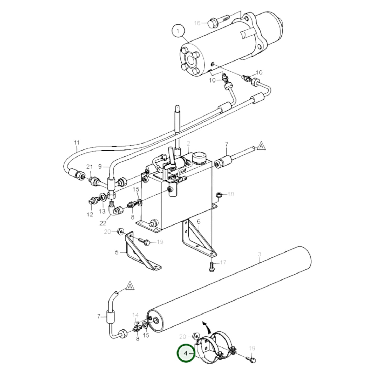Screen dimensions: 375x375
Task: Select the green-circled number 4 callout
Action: (186, 353)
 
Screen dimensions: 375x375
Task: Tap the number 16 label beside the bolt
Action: (197, 23)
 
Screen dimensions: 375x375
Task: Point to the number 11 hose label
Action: (77, 142)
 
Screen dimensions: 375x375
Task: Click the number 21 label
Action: (90, 167)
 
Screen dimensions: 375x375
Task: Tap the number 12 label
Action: (90, 214)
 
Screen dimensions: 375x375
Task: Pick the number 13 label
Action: (102, 212)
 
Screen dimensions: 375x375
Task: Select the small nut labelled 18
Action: (218, 194)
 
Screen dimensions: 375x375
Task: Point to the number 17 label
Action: (223, 263)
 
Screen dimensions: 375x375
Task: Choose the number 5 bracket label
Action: (117, 252)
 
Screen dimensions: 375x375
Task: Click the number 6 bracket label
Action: (199, 222)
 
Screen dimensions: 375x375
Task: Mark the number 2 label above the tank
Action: (188, 143)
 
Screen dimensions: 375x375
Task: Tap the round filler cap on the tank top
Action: (199, 157)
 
